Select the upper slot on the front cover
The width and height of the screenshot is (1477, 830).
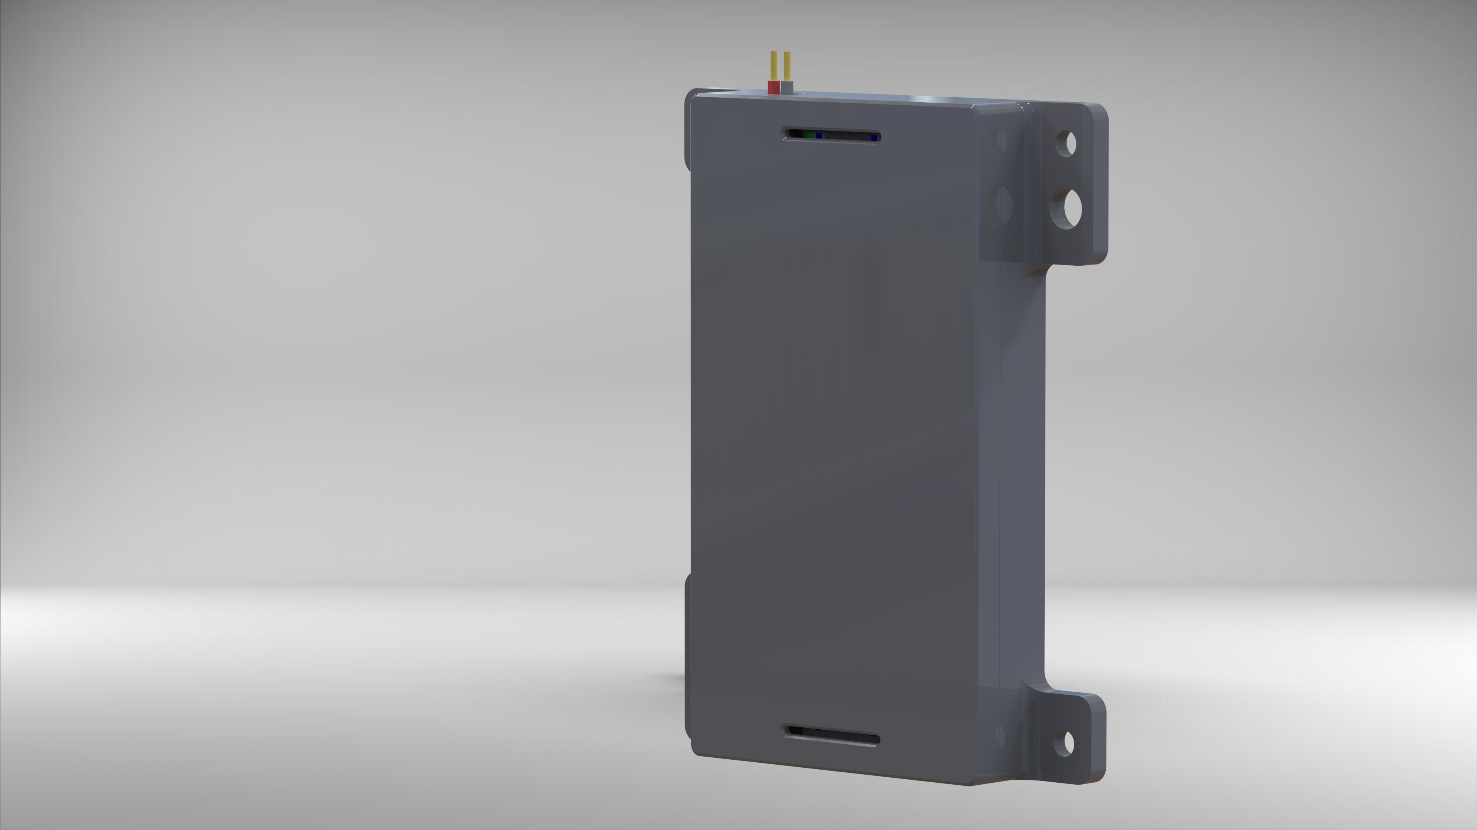coord(831,136)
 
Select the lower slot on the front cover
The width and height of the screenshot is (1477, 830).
coord(831,735)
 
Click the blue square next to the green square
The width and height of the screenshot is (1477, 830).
coord(819,136)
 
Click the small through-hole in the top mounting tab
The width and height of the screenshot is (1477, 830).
coord(1067,143)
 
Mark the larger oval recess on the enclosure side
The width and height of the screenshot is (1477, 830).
coord(1004,202)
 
